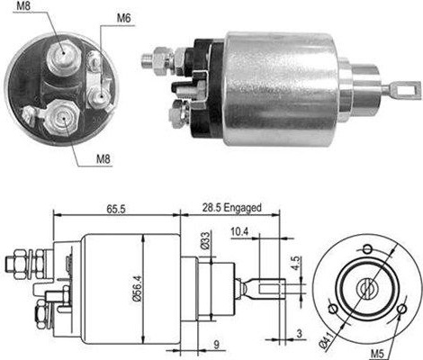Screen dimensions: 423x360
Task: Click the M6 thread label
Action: tap(123, 18)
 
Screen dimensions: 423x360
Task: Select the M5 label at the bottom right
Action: tap(377, 354)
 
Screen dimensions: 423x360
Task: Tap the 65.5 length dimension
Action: tap(116, 209)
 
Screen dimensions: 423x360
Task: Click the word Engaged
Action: tap(243, 208)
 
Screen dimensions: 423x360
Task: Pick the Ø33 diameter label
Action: tap(205, 240)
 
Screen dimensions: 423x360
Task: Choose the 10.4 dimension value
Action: tap(239, 231)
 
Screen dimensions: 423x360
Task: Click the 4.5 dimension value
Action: tap(296, 263)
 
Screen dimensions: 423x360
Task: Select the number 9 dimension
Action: tap(216, 345)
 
